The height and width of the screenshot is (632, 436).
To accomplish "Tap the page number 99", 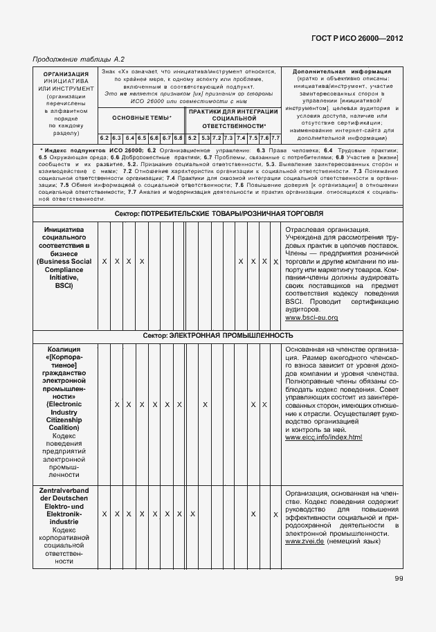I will pos(399,579).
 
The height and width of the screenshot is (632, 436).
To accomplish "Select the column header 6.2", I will pos(105,138).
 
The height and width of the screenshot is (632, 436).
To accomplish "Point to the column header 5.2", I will pos(192,138).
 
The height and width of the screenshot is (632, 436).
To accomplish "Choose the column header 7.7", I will pos(275,138).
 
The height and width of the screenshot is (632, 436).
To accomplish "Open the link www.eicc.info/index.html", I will pos(323,437).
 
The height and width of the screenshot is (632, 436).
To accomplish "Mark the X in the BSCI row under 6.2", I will pos(105,262).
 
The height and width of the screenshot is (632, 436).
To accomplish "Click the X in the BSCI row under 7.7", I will pos(275,262).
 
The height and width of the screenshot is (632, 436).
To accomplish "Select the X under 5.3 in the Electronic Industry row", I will pos(206,404).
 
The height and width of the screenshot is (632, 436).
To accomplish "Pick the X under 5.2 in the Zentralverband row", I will pos(192,514).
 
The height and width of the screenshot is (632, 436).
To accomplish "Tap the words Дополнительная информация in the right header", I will pos(342,71).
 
